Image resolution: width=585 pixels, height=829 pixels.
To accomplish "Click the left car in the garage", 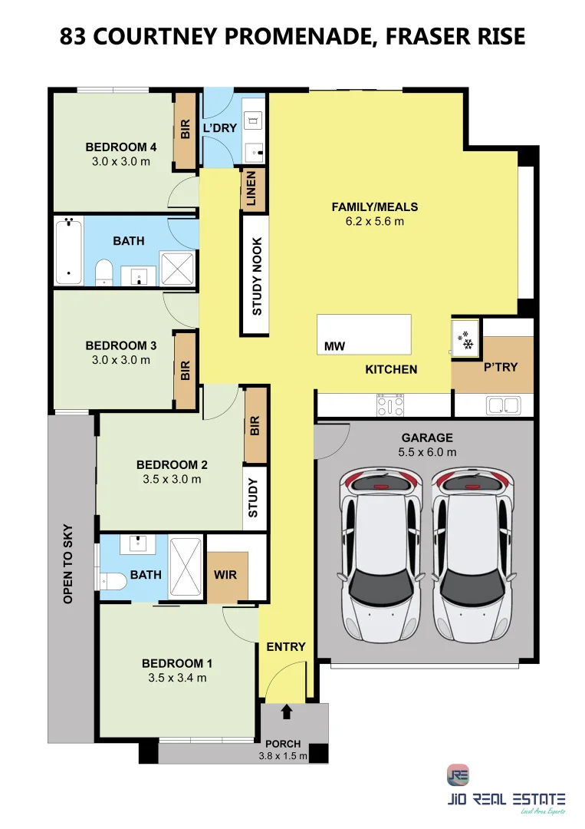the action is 381,555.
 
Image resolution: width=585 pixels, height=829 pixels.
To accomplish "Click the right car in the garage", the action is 472,555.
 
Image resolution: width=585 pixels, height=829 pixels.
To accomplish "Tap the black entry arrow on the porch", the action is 286,712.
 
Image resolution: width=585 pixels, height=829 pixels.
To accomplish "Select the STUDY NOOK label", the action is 257,276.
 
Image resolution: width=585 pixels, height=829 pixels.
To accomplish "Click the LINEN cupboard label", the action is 251,188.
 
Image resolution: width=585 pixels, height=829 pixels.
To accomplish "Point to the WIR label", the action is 225,575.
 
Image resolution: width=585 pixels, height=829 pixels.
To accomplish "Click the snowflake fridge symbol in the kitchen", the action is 465,340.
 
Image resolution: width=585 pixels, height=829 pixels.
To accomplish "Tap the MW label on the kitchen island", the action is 334,346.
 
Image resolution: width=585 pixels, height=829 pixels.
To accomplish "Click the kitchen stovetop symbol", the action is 390,405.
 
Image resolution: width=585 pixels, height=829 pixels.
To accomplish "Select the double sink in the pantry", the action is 504,405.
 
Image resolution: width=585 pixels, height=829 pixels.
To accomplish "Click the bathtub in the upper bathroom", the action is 69,253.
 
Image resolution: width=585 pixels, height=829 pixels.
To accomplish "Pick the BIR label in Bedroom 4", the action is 186,129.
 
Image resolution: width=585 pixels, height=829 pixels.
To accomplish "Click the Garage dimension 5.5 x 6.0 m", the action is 427,452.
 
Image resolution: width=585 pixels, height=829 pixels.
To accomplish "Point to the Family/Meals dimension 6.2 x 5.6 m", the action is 375,222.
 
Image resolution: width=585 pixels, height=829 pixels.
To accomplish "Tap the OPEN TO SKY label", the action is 68,563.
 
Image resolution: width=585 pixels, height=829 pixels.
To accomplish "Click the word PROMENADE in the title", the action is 299,37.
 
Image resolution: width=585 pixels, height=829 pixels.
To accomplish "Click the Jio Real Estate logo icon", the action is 457,775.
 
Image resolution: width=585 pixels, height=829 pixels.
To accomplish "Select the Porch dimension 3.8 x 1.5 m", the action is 283,756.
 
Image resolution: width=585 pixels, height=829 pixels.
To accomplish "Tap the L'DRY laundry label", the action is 219,128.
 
